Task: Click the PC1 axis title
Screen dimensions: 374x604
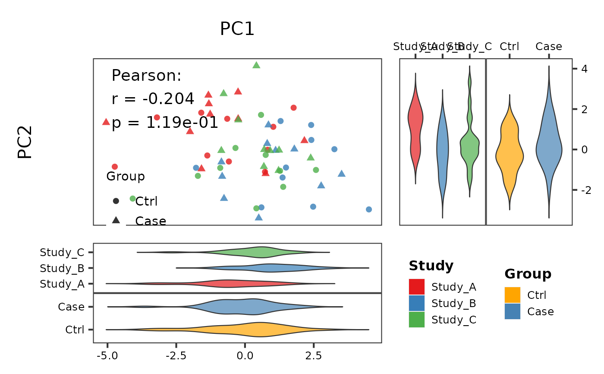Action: pyautogui.click(x=237, y=29)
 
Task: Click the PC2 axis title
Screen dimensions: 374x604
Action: pyautogui.click(x=25, y=142)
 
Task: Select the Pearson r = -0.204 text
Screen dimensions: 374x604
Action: pyautogui.click(x=153, y=99)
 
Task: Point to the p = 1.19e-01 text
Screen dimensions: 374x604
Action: pyautogui.click(x=165, y=124)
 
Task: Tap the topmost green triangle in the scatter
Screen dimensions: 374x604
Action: pyautogui.click(x=256, y=65)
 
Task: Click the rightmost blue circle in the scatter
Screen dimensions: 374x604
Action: pyautogui.click(x=369, y=209)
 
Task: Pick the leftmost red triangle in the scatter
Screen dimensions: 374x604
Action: pyautogui.click(x=106, y=122)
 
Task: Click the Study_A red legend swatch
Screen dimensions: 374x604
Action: pyautogui.click(x=417, y=287)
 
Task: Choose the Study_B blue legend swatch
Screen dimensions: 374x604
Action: pyautogui.click(x=417, y=303)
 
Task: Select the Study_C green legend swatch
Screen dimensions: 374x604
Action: pyautogui.click(x=417, y=320)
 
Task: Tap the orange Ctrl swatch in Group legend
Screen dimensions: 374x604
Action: pyautogui.click(x=513, y=295)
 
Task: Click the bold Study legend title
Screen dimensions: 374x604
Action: pyautogui.click(x=431, y=266)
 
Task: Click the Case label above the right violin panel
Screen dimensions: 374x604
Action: pyautogui.click(x=549, y=47)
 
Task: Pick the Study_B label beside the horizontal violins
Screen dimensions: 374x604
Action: pyautogui.click(x=62, y=268)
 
